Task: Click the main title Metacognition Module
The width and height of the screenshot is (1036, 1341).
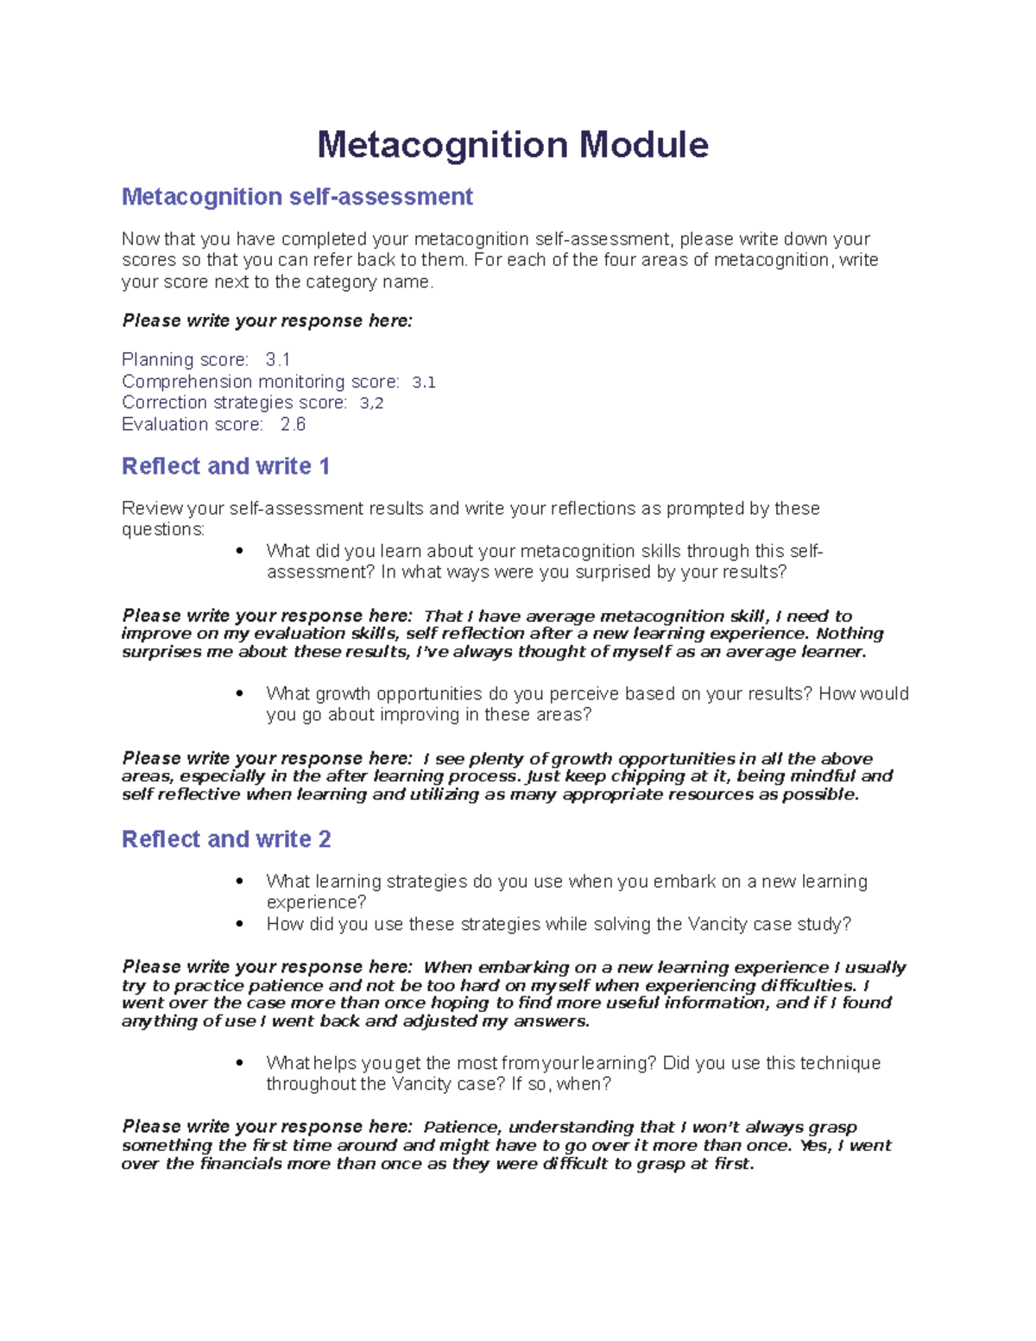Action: point(513,144)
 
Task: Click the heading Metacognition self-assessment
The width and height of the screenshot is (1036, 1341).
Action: point(297,197)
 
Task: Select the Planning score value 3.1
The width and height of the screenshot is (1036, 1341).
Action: point(278,359)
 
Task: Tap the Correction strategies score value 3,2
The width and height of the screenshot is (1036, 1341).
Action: point(371,402)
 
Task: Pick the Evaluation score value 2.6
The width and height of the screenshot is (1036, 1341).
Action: point(293,424)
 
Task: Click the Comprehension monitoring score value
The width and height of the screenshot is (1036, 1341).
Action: point(423,382)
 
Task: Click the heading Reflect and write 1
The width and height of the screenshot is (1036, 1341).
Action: point(225,466)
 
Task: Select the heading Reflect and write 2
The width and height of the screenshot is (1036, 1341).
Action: point(226,839)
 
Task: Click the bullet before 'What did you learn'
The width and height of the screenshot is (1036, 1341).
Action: point(240,551)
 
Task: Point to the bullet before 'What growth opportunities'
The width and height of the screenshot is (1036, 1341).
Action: point(240,693)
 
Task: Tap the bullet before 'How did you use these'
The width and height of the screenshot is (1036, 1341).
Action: point(240,924)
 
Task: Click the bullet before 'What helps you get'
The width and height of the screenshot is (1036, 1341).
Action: point(240,1063)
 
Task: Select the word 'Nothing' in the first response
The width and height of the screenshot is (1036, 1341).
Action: point(850,633)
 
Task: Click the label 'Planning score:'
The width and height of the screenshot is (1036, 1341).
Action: point(185,359)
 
